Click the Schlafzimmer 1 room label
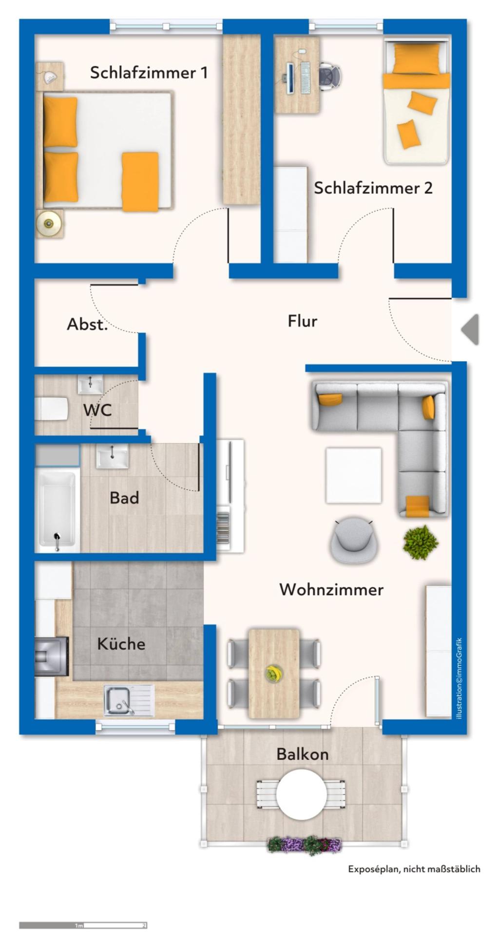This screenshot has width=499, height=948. pyautogui.click(x=149, y=73)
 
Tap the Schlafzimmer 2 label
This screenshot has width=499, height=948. pyautogui.click(x=373, y=188)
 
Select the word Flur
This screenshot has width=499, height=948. pyautogui.click(x=303, y=321)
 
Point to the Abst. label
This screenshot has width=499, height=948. pyautogui.click(x=87, y=324)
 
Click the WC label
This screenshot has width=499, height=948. pyautogui.click(x=97, y=410)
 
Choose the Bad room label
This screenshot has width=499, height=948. pyautogui.click(x=124, y=498)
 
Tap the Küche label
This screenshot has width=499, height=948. pyautogui.click(x=121, y=644)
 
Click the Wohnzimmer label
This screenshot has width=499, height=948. pyautogui.click(x=331, y=590)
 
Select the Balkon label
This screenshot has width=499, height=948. pyautogui.click(x=303, y=754)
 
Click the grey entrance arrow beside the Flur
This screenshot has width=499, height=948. pyautogui.click(x=471, y=329)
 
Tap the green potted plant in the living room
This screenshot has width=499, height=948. pyautogui.click(x=420, y=542)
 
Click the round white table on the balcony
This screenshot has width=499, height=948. pyautogui.click(x=302, y=794)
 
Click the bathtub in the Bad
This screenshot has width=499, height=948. pyautogui.click(x=58, y=510)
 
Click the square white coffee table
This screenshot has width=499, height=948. pyautogui.click(x=354, y=475)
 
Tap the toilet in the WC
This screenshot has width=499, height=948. pyautogui.click(x=51, y=408)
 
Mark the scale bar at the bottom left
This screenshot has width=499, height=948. pyautogui.click(x=83, y=925)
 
